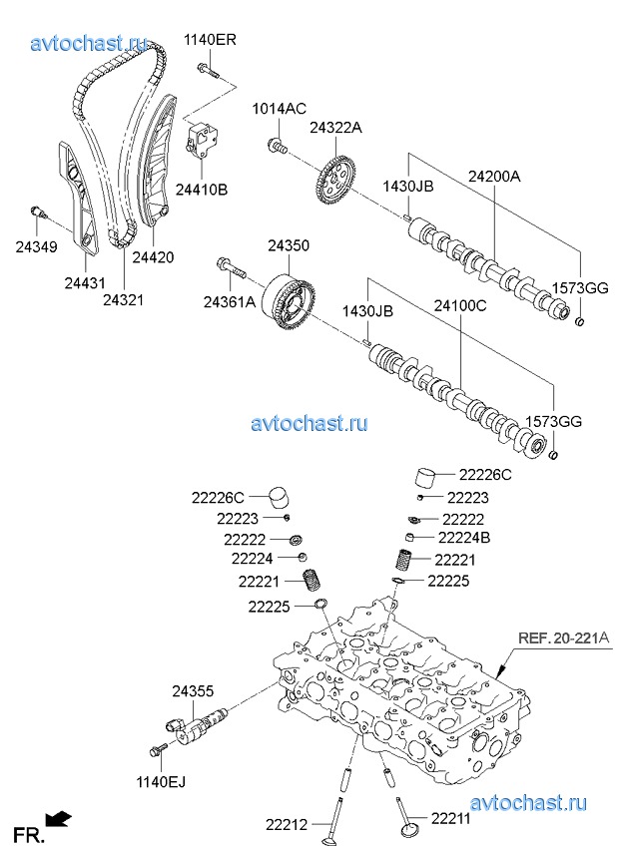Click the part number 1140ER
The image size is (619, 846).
(x=210, y=40)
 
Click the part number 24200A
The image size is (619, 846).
(x=494, y=176)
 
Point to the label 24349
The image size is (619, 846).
(x=36, y=246)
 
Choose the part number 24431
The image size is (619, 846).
(x=85, y=284)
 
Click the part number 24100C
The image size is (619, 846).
(x=459, y=306)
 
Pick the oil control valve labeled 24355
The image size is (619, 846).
(x=201, y=722)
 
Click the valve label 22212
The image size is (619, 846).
(x=288, y=824)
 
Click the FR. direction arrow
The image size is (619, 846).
(x=61, y=819)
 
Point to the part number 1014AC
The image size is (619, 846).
(x=279, y=109)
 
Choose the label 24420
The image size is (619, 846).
(x=153, y=256)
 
